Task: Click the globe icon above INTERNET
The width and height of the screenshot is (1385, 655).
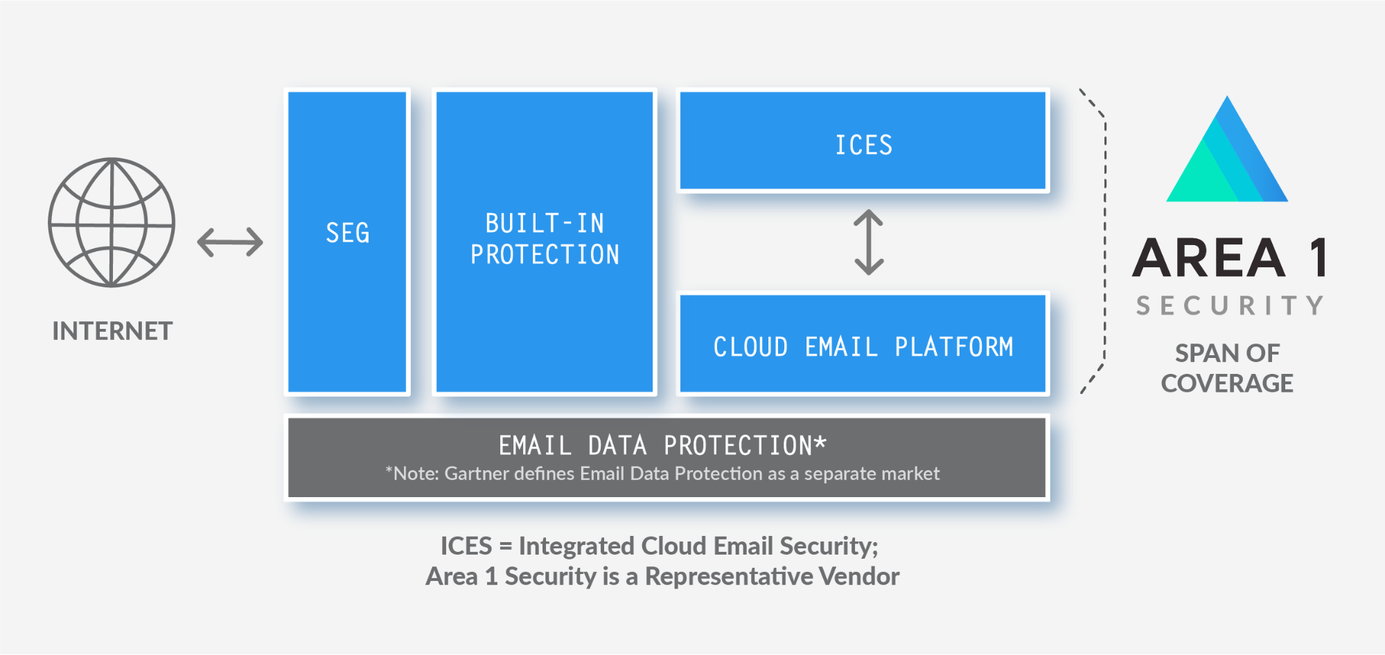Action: pyautogui.click(x=112, y=222)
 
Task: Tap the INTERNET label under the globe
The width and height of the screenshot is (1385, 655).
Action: pyautogui.click(x=112, y=331)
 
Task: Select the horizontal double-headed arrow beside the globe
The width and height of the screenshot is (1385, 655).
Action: pyautogui.click(x=230, y=242)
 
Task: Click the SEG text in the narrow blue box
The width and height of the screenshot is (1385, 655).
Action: pyautogui.click(x=348, y=233)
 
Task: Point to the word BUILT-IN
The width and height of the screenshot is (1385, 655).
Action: pyautogui.click(x=545, y=223)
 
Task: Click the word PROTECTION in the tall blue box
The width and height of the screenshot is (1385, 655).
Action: pyautogui.click(x=545, y=254)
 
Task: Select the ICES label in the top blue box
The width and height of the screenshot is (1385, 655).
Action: pyautogui.click(x=863, y=145)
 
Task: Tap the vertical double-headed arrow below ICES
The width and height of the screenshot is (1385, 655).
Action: pyautogui.click(x=868, y=242)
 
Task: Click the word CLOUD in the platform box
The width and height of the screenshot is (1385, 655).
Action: pyautogui.click(x=750, y=346)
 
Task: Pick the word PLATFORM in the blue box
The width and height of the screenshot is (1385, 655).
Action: pyautogui.click(x=954, y=346)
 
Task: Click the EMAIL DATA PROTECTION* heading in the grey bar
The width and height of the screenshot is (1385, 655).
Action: pyautogui.click(x=662, y=445)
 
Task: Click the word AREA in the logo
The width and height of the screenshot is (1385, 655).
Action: pyautogui.click(x=1209, y=258)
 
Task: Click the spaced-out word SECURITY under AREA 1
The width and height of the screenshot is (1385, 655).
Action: pyautogui.click(x=1230, y=305)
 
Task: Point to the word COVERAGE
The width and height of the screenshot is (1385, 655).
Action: pyautogui.click(x=1227, y=384)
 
